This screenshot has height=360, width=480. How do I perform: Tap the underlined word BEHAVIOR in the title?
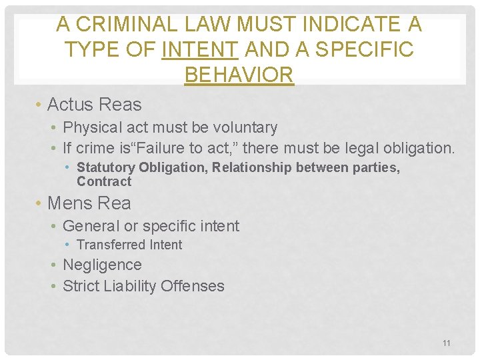click(x=239, y=75)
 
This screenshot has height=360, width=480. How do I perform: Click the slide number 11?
click(x=447, y=343)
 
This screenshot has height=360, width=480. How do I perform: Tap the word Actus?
click(x=70, y=105)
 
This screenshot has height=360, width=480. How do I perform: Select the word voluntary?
click(x=244, y=127)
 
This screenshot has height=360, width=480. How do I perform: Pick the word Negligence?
click(x=102, y=265)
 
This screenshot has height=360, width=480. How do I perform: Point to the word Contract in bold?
click(x=104, y=181)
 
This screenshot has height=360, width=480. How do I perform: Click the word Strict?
click(x=80, y=286)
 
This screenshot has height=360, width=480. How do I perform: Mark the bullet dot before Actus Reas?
click(x=40, y=105)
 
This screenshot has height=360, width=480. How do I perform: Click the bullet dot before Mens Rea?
click(x=40, y=203)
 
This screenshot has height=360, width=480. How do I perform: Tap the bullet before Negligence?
click(x=55, y=265)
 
